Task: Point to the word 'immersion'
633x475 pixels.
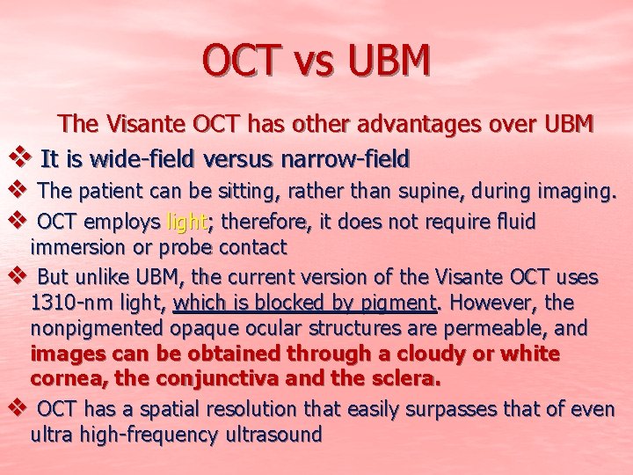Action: (75, 249)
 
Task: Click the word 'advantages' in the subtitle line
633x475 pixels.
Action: (390, 123)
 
